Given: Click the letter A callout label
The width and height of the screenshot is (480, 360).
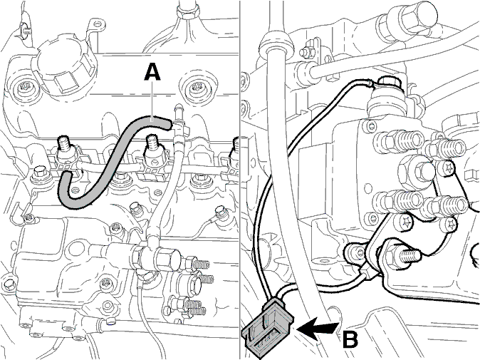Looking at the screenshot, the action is [x=152, y=72].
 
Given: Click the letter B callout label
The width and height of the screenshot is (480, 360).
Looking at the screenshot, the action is [x=350, y=338].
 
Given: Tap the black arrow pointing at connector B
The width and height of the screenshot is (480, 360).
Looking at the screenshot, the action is [x=317, y=330].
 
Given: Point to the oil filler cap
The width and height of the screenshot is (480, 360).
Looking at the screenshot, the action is [x=66, y=69].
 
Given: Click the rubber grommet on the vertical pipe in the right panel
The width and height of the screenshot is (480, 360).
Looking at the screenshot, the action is [x=276, y=43].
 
